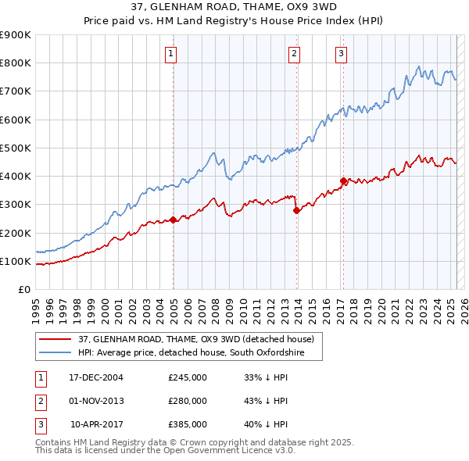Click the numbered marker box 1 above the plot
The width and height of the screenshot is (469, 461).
[x=170, y=54]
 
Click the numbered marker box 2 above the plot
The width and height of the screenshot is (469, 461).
[x=294, y=54]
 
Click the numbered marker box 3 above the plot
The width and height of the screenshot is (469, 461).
[x=342, y=54]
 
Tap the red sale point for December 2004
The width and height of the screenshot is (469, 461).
[x=174, y=220]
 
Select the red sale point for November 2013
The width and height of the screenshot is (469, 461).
[x=297, y=209]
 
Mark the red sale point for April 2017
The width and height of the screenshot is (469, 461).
[x=343, y=180]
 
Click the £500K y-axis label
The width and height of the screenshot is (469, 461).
[x=16, y=148]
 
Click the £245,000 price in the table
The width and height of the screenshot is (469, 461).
[x=188, y=377]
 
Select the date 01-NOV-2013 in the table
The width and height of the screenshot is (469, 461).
[x=96, y=401]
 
